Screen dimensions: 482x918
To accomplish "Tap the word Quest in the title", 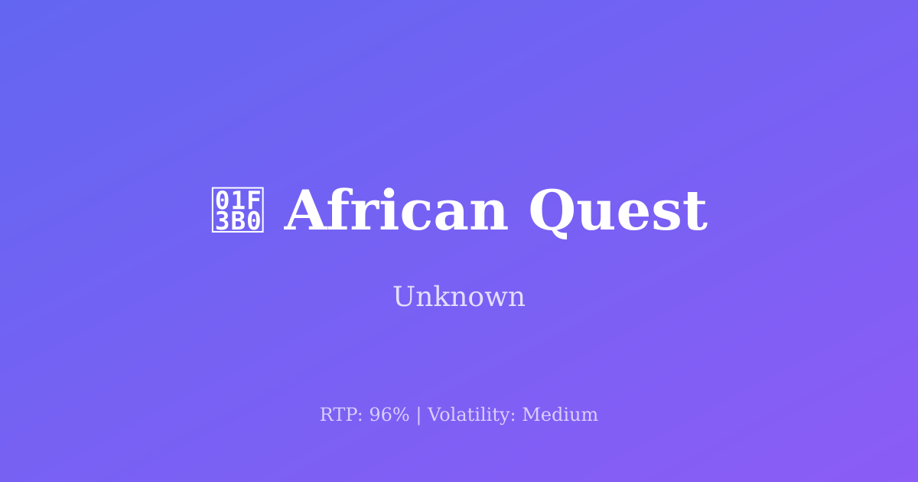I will (617, 212).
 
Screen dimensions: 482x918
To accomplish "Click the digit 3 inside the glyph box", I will (222, 222).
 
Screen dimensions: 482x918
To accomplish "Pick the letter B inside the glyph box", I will (238, 222).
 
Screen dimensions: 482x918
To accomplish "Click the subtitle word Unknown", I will (459, 297).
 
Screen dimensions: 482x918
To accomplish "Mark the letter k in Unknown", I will (440, 297).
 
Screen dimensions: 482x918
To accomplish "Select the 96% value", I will (389, 415).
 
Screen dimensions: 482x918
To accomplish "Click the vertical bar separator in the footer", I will (418, 415).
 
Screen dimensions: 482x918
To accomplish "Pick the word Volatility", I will (471, 415).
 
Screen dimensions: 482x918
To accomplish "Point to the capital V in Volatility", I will (433, 415).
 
